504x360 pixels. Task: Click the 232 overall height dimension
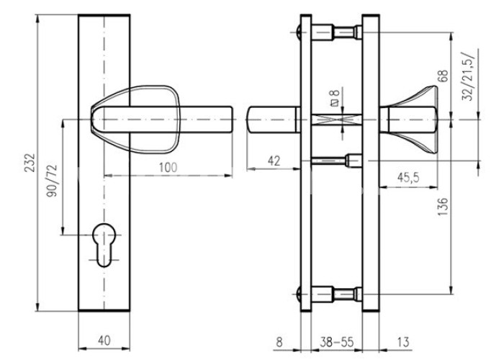(30, 163)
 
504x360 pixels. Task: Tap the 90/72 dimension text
(52, 181)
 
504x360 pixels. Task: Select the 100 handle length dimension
(168, 168)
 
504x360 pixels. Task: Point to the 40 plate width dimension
(104, 341)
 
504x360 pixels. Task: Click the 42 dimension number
(274, 161)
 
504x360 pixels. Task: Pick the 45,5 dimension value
(408, 177)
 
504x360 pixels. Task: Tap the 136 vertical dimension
(443, 207)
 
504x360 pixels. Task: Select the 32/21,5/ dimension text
(468, 76)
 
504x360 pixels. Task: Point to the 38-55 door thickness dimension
(336, 342)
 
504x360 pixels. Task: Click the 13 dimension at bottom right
(403, 342)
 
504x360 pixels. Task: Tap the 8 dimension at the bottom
(279, 342)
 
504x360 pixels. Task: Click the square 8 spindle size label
(335, 98)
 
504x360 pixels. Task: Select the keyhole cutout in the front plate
(104, 245)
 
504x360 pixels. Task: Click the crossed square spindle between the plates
(336, 120)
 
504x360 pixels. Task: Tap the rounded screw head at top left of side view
(298, 32)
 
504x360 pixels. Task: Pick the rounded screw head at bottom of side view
(298, 294)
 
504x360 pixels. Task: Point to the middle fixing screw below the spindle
(336, 161)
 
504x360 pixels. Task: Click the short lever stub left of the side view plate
(274, 120)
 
